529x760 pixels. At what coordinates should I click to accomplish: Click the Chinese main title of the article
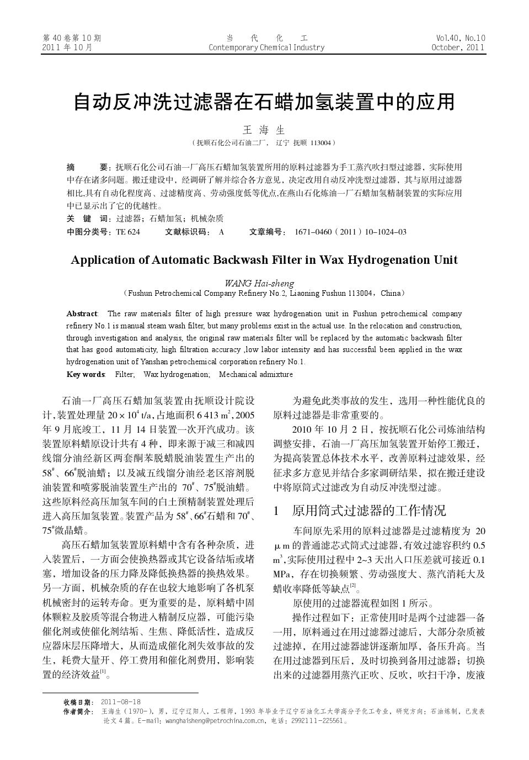pyautogui.click(x=264, y=102)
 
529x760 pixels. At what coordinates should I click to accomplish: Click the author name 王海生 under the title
pyautogui.click(x=264, y=130)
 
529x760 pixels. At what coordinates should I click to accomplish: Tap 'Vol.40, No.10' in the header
pyautogui.click(x=460, y=38)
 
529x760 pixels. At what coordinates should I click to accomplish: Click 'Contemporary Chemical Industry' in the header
pyautogui.click(x=266, y=47)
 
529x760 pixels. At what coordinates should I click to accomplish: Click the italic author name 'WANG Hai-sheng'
pyautogui.click(x=259, y=283)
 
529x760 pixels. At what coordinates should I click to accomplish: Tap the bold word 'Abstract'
pyautogui.click(x=82, y=314)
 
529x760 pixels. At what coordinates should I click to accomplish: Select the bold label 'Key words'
pyautogui.click(x=86, y=374)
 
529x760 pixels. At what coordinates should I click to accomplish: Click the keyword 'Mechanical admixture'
pyautogui.click(x=256, y=374)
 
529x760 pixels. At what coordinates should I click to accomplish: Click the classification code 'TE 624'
pyautogui.click(x=128, y=232)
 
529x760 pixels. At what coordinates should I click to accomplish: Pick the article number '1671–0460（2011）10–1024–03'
pyautogui.click(x=351, y=232)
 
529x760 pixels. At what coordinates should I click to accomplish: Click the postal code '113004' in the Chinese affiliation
pyautogui.click(x=320, y=143)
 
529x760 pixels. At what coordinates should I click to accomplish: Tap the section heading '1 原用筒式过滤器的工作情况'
pyautogui.click(x=360, y=511)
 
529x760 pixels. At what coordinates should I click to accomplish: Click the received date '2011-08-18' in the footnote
pyautogui.click(x=121, y=702)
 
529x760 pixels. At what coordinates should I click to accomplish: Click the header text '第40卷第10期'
pyautogui.click(x=72, y=38)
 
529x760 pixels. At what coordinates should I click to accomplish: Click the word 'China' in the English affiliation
pyautogui.click(x=392, y=293)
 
